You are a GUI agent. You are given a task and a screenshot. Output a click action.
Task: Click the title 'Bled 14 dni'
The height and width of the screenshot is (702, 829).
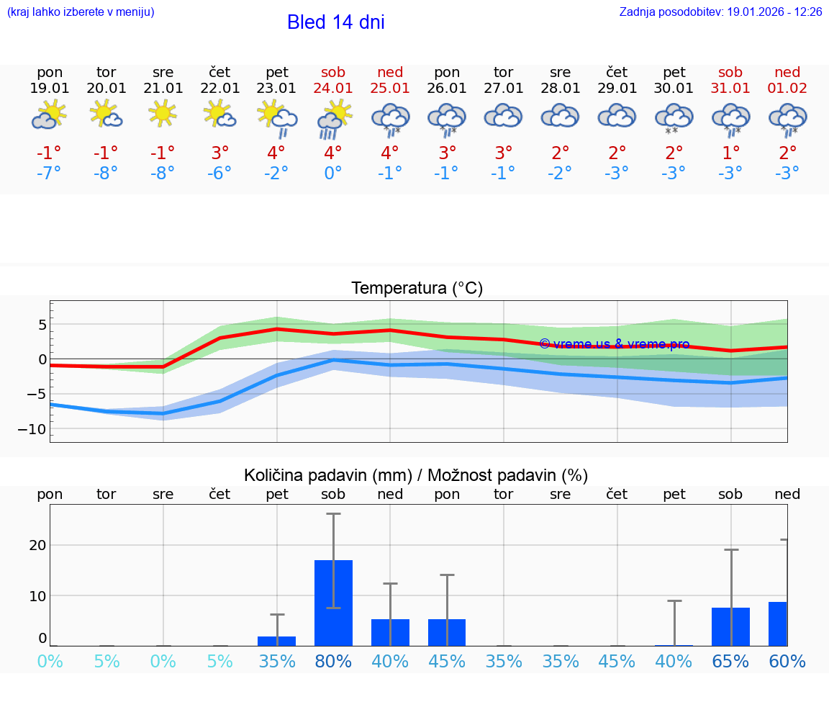(x=335, y=22)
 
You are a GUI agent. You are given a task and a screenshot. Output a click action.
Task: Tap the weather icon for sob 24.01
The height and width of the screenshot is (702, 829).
(x=334, y=119)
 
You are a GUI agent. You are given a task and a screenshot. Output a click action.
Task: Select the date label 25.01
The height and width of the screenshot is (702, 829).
(x=390, y=89)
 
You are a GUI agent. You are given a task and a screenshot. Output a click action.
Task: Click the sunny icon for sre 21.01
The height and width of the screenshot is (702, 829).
(x=163, y=113)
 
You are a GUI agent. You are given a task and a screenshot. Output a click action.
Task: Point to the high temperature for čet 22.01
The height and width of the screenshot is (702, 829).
(x=220, y=153)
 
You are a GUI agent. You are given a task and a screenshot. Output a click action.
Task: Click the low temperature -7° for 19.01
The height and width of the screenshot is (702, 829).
(x=50, y=174)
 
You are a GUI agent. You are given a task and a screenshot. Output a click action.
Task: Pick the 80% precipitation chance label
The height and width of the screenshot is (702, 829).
(x=334, y=661)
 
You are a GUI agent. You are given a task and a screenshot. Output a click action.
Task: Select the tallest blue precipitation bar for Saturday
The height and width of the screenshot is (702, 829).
(x=334, y=603)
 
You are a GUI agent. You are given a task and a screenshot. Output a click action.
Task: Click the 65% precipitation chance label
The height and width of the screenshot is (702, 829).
(x=730, y=661)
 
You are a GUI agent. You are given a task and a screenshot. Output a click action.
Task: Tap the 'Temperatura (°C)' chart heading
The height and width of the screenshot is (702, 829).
(x=417, y=289)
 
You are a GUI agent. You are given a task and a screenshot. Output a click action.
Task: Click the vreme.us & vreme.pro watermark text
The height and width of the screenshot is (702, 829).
(x=614, y=344)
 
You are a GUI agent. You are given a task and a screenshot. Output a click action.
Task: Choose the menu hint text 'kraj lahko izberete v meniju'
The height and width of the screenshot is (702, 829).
(x=81, y=12)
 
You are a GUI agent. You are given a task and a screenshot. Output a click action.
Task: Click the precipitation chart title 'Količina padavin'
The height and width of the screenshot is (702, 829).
(x=327, y=475)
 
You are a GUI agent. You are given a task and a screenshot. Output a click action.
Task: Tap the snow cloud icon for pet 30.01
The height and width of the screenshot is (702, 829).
(x=674, y=119)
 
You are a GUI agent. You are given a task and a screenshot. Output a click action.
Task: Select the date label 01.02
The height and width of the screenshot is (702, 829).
(x=787, y=89)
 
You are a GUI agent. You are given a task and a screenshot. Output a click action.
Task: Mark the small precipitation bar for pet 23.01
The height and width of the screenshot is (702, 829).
(x=277, y=641)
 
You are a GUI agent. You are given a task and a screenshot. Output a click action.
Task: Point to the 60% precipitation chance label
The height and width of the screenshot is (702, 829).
(x=787, y=661)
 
